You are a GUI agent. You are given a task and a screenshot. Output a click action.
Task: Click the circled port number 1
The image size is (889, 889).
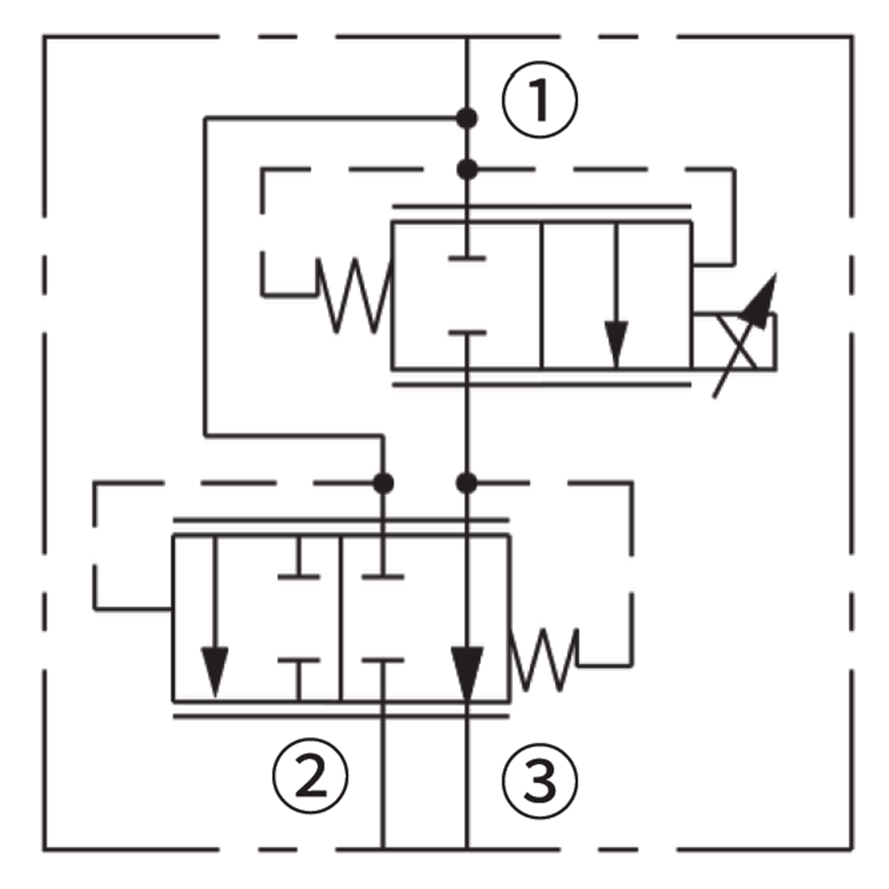tap(539, 100)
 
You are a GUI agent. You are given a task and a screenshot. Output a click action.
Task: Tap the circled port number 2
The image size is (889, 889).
tap(310, 776)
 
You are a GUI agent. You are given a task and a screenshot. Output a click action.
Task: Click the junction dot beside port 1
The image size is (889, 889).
tap(467, 119)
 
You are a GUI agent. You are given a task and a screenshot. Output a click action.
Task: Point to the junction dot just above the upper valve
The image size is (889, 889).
tap(467, 170)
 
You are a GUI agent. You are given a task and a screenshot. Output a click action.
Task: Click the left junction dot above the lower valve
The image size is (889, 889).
tap(383, 484)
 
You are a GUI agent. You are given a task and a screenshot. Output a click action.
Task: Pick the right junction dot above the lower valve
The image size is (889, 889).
tap(467, 484)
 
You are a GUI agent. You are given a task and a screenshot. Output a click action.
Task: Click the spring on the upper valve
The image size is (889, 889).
tap(354, 295)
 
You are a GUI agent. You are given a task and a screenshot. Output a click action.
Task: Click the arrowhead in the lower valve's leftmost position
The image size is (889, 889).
tap(215, 670)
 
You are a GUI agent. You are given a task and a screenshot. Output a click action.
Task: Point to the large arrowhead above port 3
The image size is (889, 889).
tap(467, 670)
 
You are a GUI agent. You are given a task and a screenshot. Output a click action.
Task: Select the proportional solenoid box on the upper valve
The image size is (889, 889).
tap(735, 342)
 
